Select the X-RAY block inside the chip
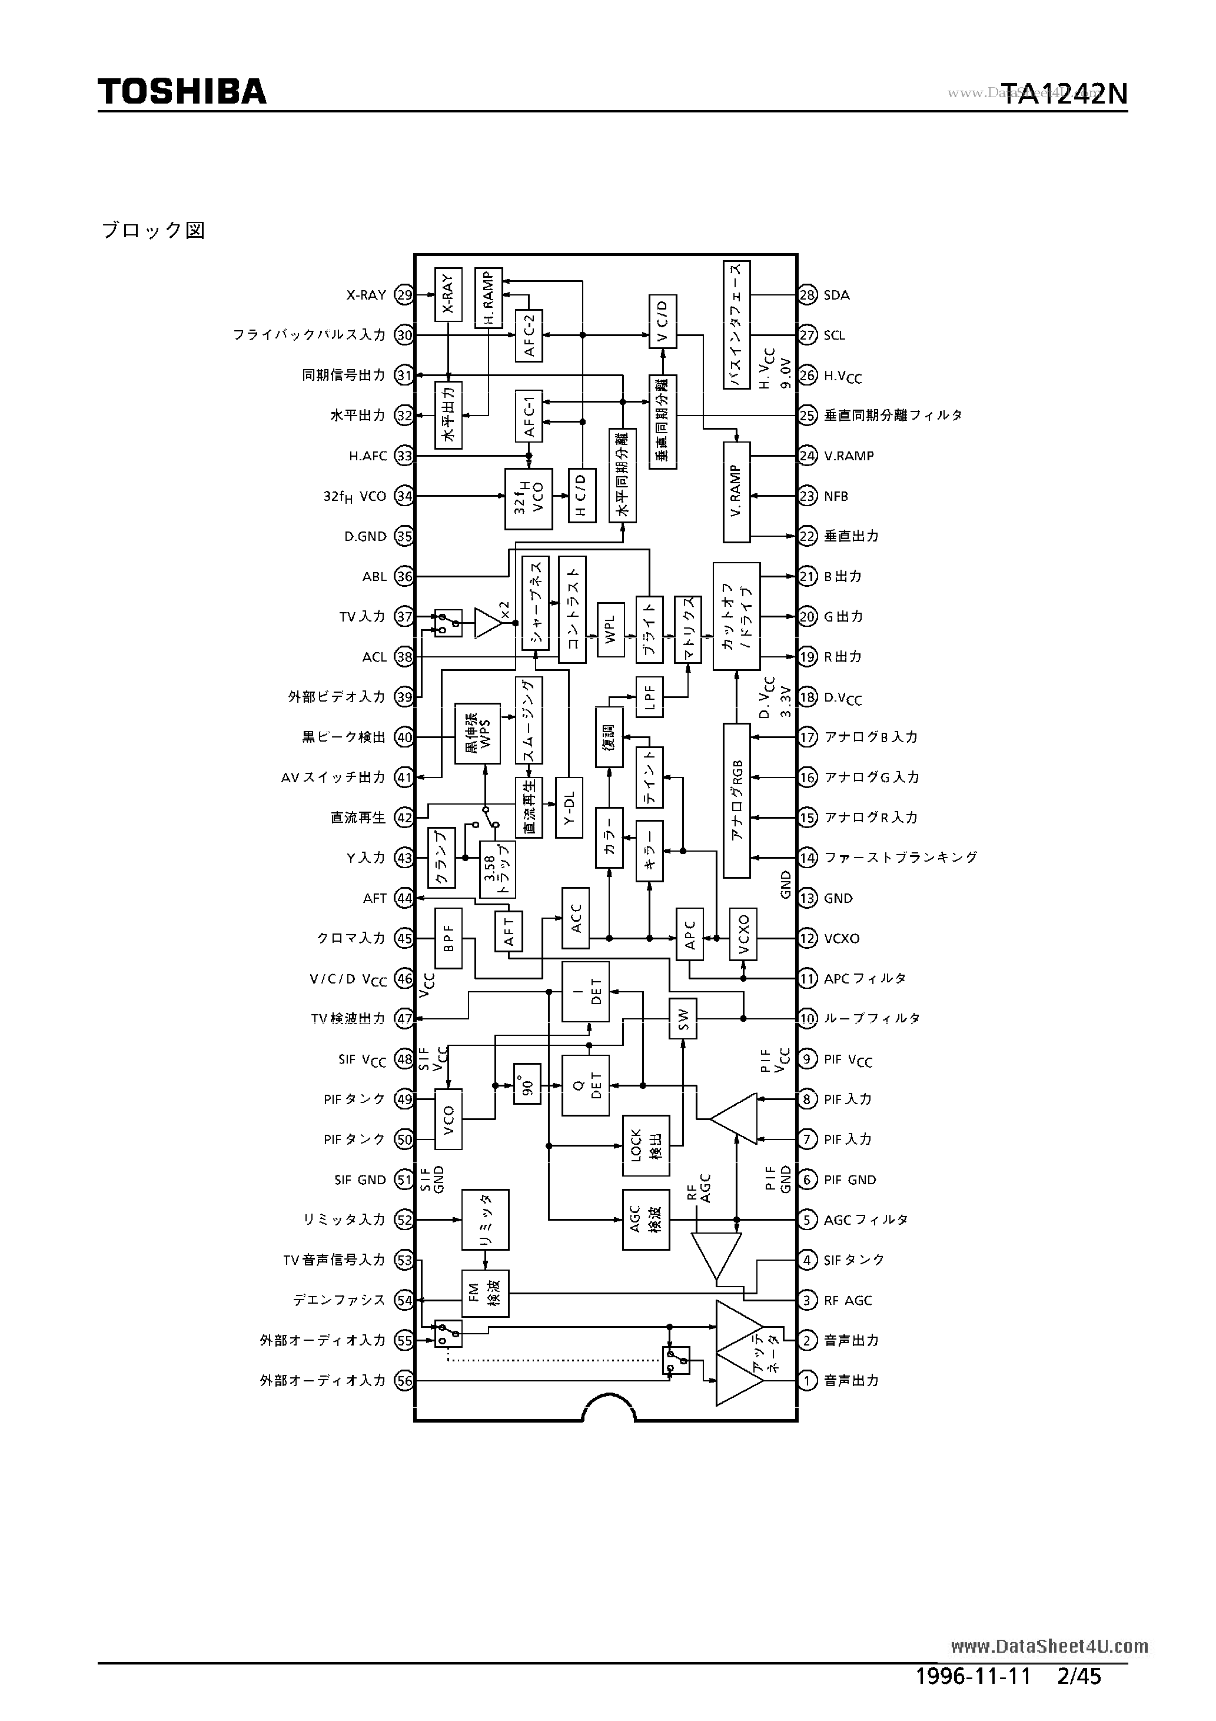point(448,294)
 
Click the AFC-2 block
point(529,335)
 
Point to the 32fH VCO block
point(529,496)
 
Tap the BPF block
point(448,938)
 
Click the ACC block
point(576,918)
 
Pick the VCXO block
point(743,934)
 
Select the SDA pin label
point(836,295)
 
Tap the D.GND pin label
point(365,537)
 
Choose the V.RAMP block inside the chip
point(736,493)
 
